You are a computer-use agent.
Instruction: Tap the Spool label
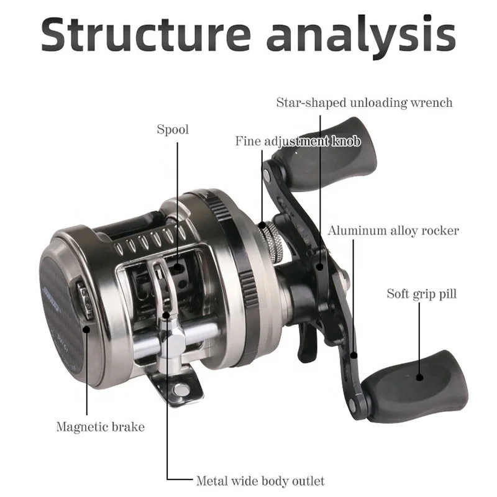pos(173,130)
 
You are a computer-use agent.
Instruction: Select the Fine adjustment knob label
pos(297,141)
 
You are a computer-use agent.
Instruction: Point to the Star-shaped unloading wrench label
pos(365,103)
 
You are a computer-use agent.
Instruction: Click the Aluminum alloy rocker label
pos(394,230)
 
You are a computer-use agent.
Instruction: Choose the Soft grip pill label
pos(422,293)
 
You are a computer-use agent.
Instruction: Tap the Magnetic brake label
pos(100,427)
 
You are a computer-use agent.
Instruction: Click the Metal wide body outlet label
pos(260,480)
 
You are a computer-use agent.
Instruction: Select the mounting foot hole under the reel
pos(181,390)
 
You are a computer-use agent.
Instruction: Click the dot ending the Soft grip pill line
pos(419,376)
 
